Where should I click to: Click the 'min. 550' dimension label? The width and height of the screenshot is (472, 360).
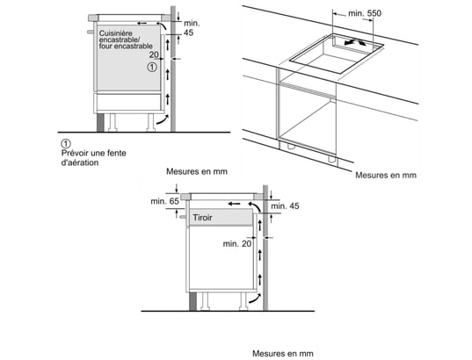pos(365,13)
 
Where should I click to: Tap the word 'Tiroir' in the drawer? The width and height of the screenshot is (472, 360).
pos(202,218)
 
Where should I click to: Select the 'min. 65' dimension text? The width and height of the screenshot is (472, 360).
pos(164,201)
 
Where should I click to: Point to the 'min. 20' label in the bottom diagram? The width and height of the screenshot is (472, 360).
pos(237,243)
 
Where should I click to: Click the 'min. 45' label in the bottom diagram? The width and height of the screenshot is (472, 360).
pos(285,206)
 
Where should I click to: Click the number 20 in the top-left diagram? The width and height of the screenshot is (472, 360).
pos(154,54)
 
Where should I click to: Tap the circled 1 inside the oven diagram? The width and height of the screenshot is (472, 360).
pos(152,67)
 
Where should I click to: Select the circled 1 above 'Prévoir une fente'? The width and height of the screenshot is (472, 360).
pos(66,143)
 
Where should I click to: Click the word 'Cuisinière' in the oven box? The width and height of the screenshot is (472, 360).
pos(116,33)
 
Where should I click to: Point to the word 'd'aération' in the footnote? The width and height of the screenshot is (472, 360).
pos(80,162)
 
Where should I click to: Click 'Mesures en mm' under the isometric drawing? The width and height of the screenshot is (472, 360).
pos(386,175)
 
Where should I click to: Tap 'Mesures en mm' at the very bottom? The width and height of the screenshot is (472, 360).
pos(283,353)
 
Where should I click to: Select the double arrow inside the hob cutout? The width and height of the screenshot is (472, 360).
pos(355,43)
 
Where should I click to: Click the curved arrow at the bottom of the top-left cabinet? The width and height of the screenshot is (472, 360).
pos(162,119)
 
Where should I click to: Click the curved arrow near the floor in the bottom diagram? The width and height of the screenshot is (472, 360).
pos(254,298)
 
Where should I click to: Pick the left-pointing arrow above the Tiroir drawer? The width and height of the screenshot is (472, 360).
pos(234,204)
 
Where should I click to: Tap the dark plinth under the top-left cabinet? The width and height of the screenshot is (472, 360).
pos(100,122)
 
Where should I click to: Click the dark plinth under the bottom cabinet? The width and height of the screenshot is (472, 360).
pos(193,301)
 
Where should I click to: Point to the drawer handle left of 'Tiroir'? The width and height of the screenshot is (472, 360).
pos(183,217)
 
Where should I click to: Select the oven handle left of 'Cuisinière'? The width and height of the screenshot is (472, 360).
pos(91,32)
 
